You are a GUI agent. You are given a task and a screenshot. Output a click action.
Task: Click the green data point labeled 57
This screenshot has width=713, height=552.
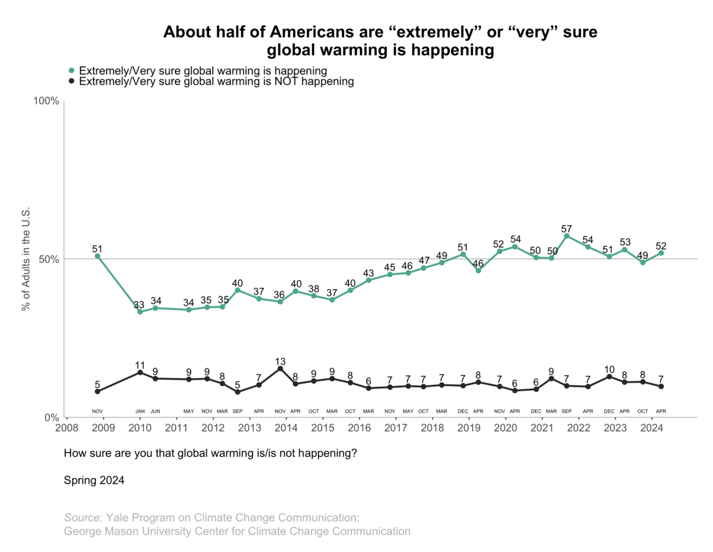[x=567, y=236]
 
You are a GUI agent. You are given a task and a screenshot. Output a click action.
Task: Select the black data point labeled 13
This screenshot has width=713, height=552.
[x=280, y=369]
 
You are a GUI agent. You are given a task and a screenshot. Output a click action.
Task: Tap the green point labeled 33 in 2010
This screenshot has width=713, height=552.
[x=140, y=311]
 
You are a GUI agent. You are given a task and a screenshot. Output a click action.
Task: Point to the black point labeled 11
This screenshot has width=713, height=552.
[x=140, y=372]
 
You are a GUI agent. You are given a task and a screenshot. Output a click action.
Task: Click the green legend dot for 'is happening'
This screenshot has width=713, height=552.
[x=71, y=71]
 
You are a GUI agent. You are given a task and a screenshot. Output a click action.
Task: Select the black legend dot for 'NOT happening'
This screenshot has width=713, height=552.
[x=71, y=81]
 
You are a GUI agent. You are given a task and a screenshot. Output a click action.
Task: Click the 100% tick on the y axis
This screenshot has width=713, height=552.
[x=46, y=101]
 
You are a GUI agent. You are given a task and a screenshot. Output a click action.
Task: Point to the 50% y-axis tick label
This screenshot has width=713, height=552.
[x=48, y=259]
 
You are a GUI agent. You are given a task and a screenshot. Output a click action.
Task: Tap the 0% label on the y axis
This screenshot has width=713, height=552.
[x=51, y=417]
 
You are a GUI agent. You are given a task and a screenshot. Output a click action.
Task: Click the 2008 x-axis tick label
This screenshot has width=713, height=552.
[x=67, y=428]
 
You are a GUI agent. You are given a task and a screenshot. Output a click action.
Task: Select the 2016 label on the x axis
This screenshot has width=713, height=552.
[x=359, y=428]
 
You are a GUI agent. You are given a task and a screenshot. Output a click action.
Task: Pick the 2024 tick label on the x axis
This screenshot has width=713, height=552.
[x=652, y=428]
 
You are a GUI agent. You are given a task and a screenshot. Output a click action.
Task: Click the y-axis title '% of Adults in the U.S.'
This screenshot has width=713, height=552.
[x=26, y=259]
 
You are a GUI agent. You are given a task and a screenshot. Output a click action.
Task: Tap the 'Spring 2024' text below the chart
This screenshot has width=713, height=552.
[x=94, y=480]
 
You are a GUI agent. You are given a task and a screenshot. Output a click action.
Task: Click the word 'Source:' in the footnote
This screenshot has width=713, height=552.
[x=83, y=518]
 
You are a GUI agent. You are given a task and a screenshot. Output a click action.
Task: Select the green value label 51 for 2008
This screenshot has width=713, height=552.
[x=97, y=249]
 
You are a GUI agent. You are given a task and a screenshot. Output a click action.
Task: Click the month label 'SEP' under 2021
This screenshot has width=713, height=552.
[x=567, y=412]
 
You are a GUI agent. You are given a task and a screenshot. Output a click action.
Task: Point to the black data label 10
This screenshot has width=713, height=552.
[x=610, y=370]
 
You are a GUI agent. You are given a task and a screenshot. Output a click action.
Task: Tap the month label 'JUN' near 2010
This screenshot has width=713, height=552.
[x=155, y=412]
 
